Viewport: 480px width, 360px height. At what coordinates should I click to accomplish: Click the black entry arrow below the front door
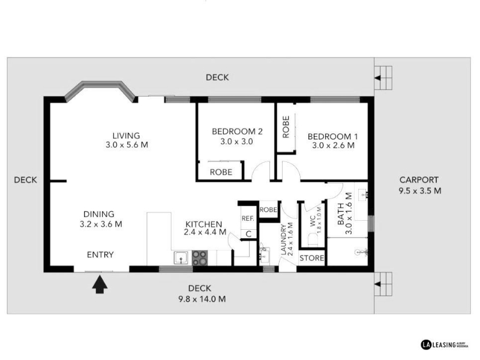click(100, 284)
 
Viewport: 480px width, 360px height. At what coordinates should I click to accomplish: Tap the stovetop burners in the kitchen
click(200, 258)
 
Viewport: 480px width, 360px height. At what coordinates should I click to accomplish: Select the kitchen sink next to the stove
click(181, 258)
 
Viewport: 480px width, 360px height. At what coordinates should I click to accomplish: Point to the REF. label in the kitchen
click(248, 218)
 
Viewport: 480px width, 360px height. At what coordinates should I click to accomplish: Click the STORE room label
click(311, 258)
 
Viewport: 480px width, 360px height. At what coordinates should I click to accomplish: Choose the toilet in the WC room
click(313, 239)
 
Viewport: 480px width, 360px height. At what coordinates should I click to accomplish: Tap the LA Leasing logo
click(445, 344)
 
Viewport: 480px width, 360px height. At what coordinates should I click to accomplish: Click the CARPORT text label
click(419, 180)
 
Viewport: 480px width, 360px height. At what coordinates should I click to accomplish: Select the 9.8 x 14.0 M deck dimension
click(202, 299)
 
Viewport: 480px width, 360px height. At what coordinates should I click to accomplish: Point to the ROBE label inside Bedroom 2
click(221, 172)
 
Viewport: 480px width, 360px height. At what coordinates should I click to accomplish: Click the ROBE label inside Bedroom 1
click(286, 127)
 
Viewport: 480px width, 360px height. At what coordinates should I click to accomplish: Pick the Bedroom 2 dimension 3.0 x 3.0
click(236, 142)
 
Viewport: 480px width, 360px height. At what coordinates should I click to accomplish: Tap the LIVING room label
click(126, 136)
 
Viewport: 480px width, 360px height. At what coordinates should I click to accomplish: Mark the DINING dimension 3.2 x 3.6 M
click(101, 224)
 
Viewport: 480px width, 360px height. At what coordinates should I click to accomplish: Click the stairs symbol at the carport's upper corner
click(383, 78)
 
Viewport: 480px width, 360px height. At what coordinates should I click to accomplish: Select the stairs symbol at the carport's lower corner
click(383, 284)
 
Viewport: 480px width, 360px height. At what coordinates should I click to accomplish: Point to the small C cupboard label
click(248, 234)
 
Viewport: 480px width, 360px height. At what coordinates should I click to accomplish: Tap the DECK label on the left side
click(25, 180)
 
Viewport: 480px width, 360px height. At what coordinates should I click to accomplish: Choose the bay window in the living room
click(101, 89)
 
